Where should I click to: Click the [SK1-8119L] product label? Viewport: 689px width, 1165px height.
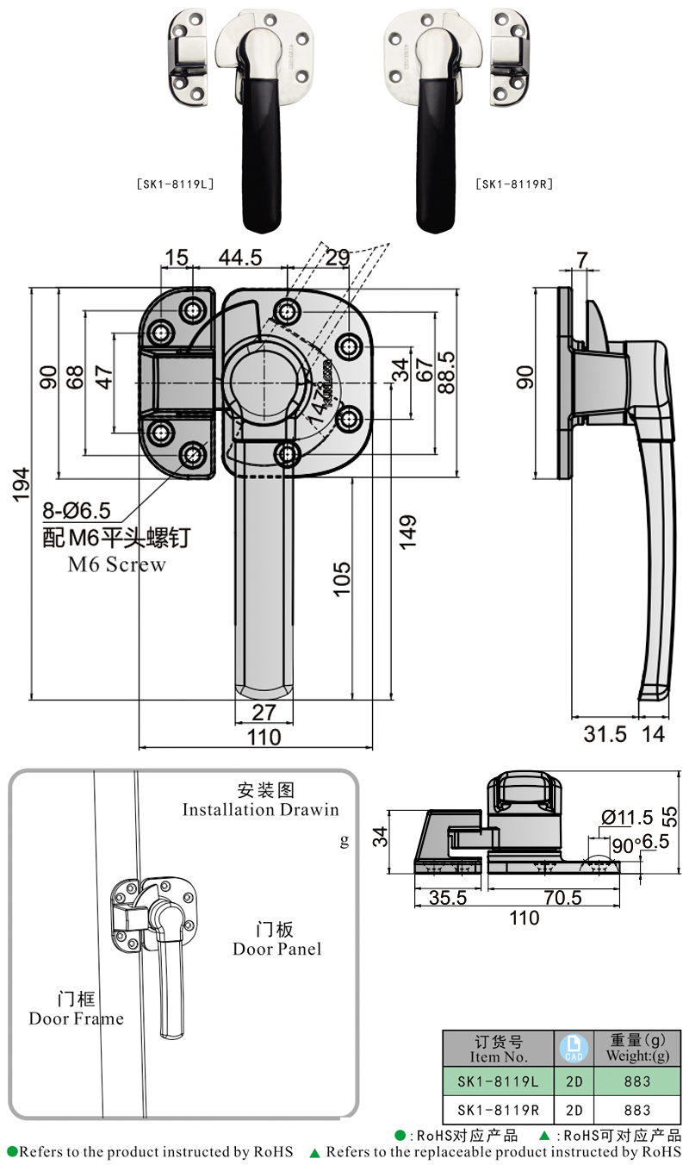175,184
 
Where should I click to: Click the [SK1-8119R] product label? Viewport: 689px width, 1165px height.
513,184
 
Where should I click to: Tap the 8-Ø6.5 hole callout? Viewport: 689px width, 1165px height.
77,516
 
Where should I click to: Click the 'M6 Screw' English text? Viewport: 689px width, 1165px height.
116,565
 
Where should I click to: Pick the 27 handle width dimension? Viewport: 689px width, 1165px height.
263,712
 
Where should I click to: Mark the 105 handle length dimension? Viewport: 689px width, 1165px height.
341,578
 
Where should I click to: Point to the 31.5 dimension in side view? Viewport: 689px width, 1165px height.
605,734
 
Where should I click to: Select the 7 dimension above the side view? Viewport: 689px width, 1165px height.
582,259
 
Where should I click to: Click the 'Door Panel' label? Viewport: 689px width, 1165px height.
276,949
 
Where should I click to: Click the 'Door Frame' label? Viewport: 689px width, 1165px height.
76,1019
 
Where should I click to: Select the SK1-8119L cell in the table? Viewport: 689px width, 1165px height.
498,1081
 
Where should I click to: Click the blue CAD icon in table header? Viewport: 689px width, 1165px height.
573,1048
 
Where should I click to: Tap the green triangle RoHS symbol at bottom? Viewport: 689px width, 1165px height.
315,1152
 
